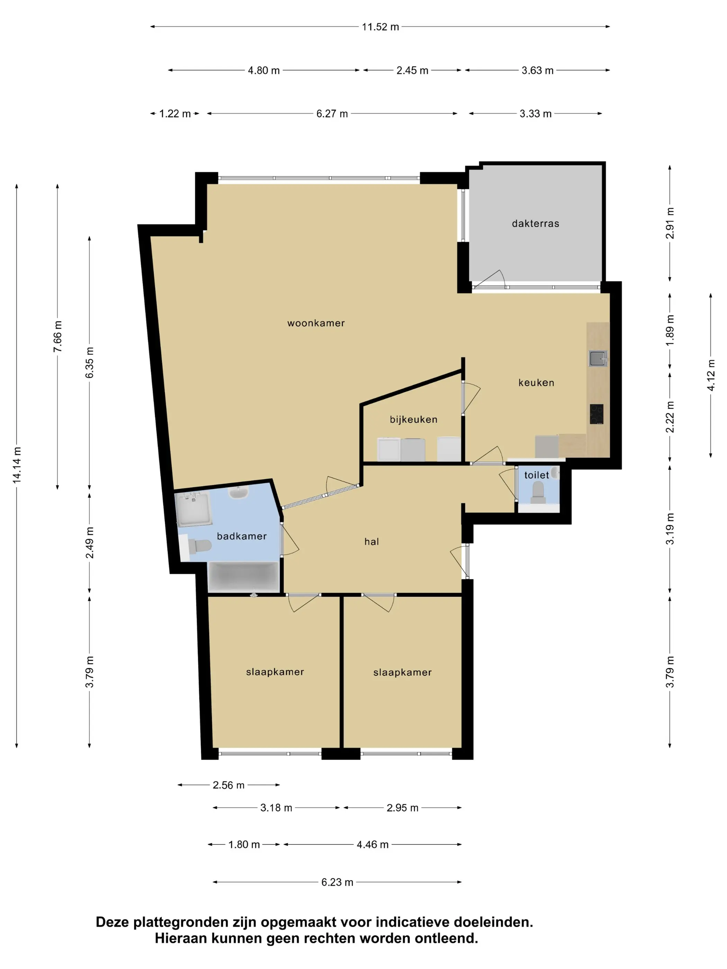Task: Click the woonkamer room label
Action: [x=316, y=323]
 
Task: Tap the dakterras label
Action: [x=536, y=224]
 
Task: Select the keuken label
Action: [x=536, y=382]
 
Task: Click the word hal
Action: [x=371, y=542]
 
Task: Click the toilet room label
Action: [x=536, y=475]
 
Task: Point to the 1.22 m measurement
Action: [x=175, y=114]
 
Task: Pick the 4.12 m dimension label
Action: [x=711, y=375]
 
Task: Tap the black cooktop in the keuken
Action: [x=596, y=414]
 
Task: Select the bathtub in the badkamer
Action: [x=244, y=577]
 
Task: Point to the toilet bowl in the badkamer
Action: [x=200, y=546]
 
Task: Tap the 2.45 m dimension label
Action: [x=412, y=71]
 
